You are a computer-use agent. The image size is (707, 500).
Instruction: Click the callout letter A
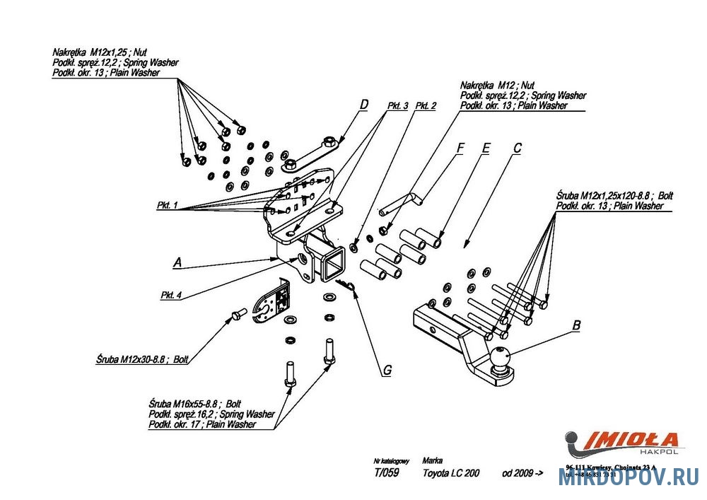click(177, 262)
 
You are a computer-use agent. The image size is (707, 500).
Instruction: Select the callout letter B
click(576, 326)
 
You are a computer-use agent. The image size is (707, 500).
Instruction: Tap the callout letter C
click(517, 148)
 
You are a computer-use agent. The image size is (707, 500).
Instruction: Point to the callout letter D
click(363, 105)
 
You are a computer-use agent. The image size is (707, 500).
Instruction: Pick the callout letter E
click(486, 148)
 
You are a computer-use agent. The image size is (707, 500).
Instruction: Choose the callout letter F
click(460, 148)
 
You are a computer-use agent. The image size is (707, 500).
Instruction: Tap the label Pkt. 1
click(167, 206)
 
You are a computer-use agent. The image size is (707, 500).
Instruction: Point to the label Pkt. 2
click(426, 105)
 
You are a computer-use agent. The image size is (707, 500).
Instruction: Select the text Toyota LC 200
click(450, 473)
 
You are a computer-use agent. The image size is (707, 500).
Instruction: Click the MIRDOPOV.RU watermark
click(629, 477)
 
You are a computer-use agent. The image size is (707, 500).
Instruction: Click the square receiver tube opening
click(332, 266)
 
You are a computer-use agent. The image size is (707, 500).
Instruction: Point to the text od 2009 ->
click(522, 473)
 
